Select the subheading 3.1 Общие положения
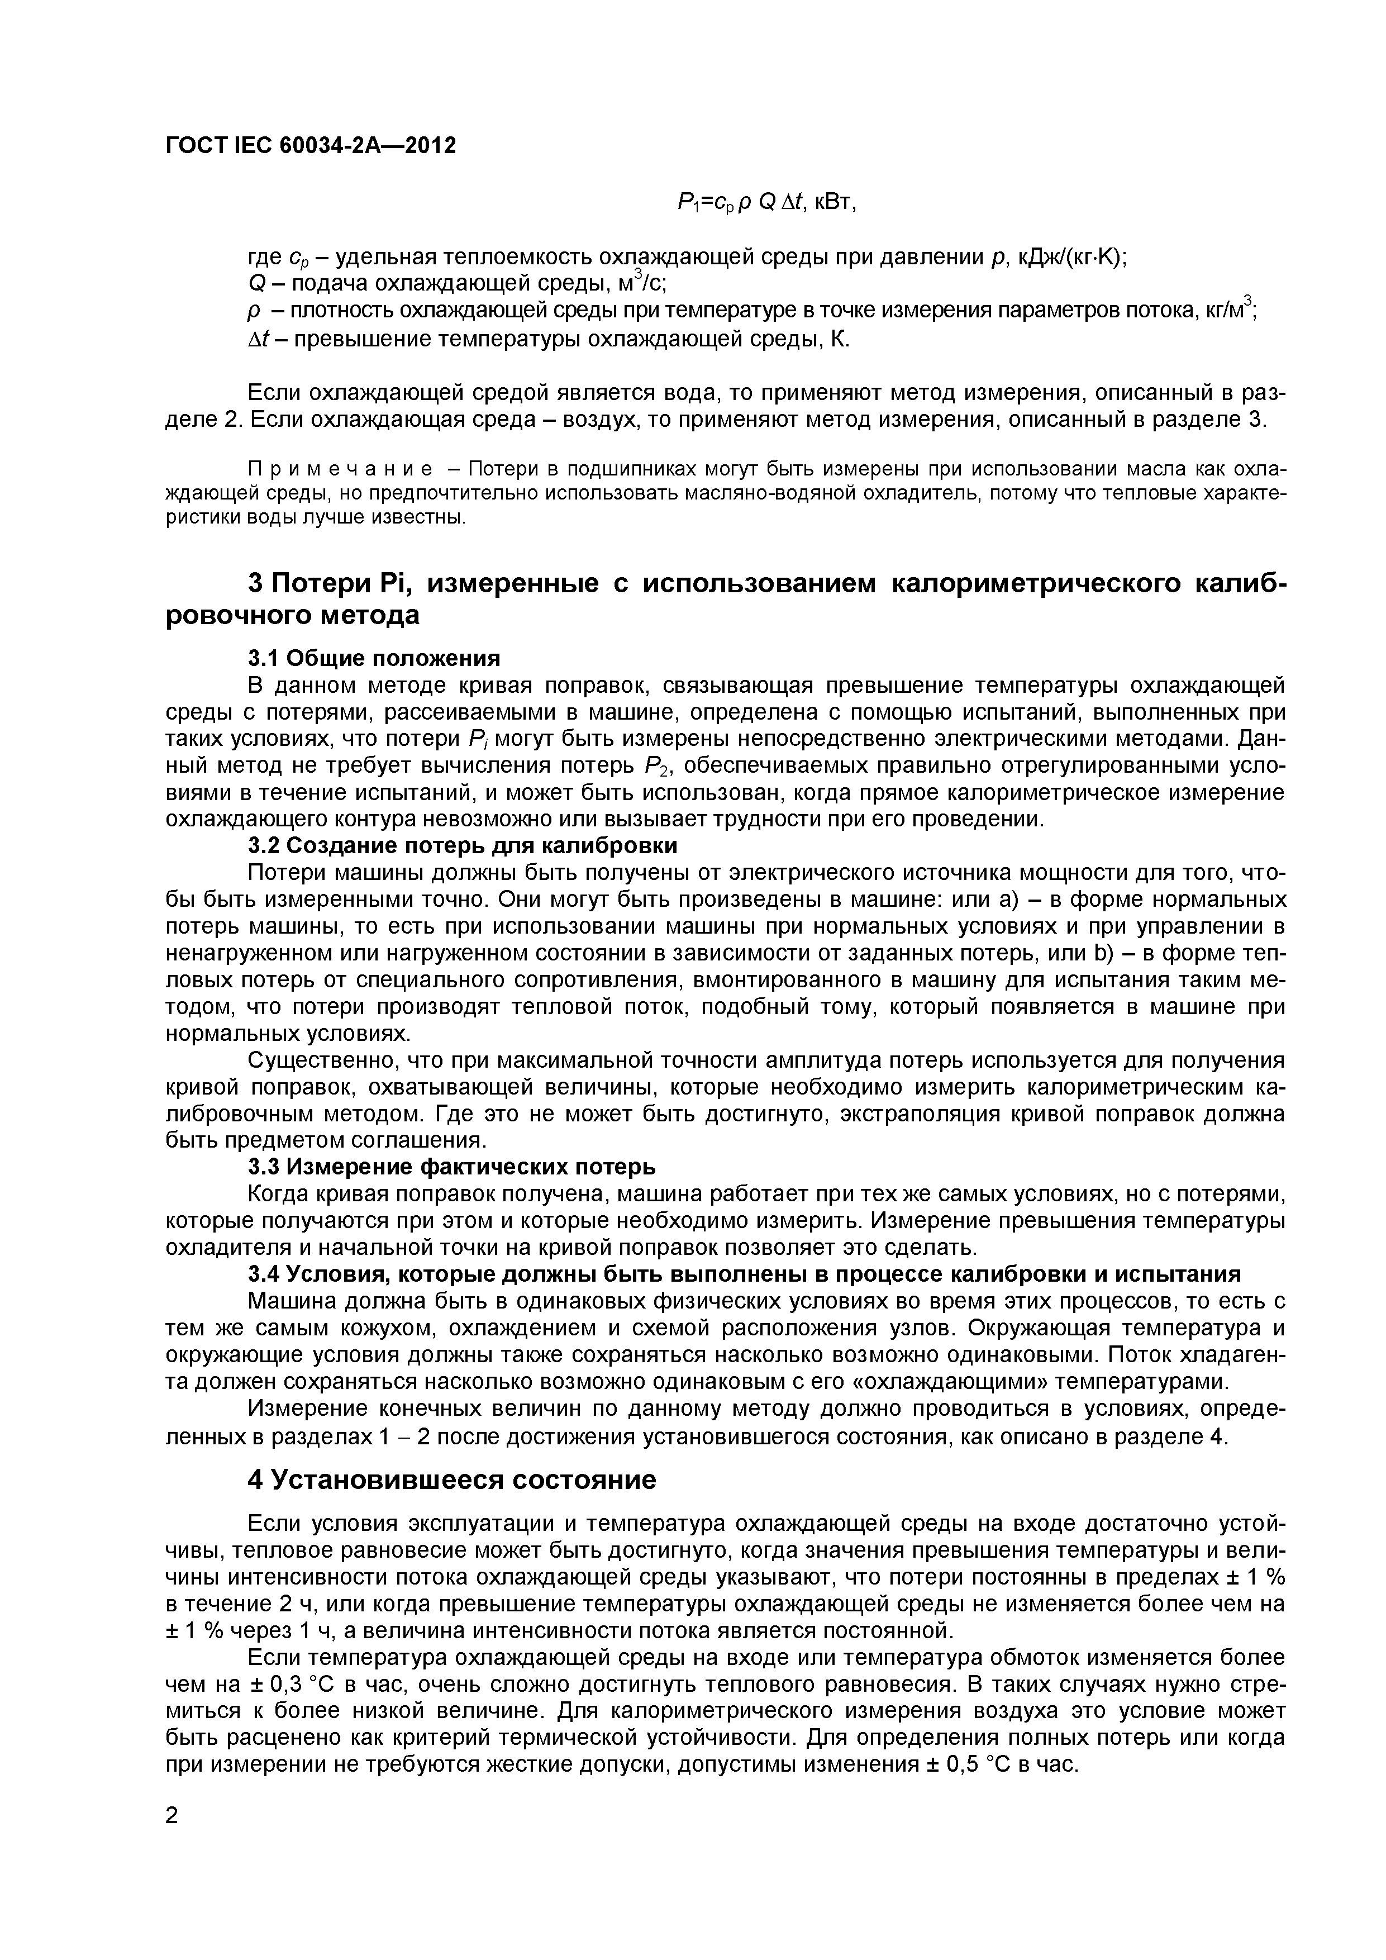[x=374, y=658]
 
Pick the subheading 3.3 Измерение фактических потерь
[x=451, y=1166]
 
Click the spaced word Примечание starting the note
[x=340, y=469]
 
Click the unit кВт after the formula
[x=834, y=202]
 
